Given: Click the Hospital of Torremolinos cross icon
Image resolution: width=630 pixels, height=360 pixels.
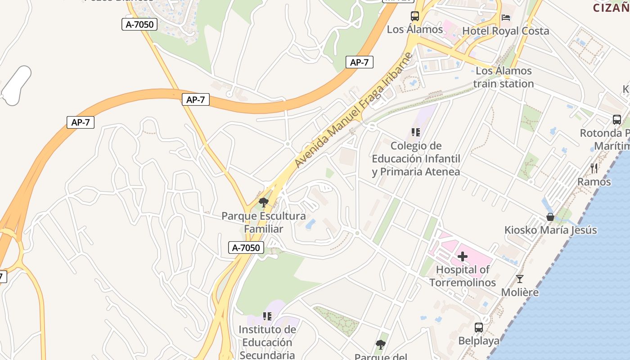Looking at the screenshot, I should point(463,257).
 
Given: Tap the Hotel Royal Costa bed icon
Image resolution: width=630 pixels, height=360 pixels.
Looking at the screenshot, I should point(506,18).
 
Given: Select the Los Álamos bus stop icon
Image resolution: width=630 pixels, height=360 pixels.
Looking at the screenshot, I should point(415,16).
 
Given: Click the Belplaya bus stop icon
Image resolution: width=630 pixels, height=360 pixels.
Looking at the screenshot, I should point(479,328).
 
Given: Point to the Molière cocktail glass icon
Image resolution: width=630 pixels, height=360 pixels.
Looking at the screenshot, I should point(520,279).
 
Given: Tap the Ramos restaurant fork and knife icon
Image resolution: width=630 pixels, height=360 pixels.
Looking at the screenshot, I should point(594,168).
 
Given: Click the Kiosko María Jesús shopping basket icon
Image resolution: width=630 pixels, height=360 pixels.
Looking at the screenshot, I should point(550,217).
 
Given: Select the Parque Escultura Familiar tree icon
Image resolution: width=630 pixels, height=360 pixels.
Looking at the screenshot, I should point(264,202).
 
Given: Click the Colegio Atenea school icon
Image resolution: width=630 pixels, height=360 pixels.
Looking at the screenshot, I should point(415,132).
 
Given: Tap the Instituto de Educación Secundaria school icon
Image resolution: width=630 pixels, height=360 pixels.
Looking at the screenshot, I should point(267,316).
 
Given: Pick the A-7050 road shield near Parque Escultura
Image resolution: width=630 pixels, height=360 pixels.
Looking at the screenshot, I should point(246,247).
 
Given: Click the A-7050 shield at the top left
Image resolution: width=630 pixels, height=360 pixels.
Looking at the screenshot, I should point(139,24).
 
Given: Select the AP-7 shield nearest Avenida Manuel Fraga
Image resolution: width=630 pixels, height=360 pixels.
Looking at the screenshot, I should point(359,63).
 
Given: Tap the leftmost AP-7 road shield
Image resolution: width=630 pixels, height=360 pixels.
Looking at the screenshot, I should point(81,122).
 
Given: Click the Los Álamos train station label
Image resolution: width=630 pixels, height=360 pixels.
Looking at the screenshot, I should point(504,77).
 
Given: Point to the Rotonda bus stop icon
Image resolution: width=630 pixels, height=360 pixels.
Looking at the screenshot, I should point(616,120).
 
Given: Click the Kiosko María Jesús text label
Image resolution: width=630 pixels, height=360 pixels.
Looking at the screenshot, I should point(550,230).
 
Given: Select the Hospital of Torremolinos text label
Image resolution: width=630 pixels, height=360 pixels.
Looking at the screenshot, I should point(463,276).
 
